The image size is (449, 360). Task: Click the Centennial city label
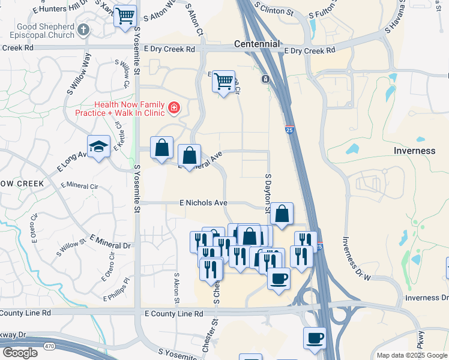click(x=257, y=44)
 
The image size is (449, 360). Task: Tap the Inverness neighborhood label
click(x=414, y=151)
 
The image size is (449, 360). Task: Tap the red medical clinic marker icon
click(x=173, y=108)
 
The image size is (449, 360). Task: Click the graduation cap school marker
click(x=98, y=146)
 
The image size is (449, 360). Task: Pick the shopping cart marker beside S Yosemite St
click(x=125, y=16)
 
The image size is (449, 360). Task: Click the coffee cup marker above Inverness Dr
click(x=279, y=278)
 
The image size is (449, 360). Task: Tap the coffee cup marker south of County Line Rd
click(x=315, y=338)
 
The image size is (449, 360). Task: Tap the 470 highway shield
click(x=50, y=346)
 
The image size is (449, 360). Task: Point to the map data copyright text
click(x=412, y=355)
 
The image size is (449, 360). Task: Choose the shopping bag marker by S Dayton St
click(x=282, y=213)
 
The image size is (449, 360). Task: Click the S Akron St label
click(x=176, y=289)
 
